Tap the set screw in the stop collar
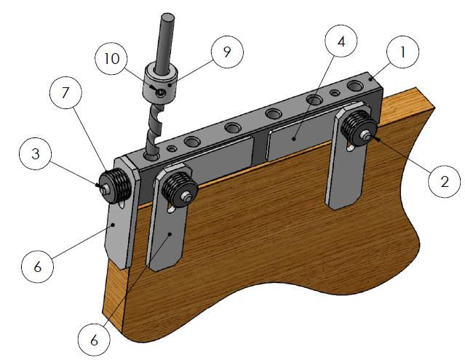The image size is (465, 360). click(159, 92)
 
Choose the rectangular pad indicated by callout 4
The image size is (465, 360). click(295, 145)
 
